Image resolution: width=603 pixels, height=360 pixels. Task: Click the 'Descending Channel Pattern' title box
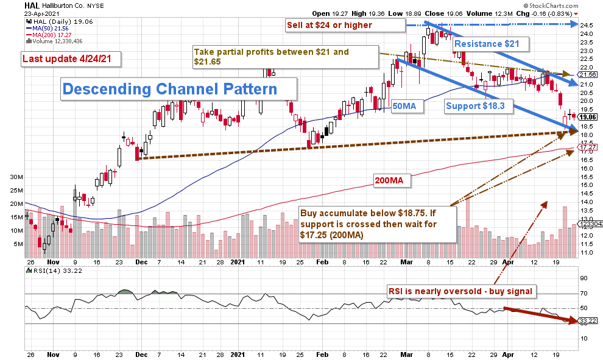(x=171, y=89)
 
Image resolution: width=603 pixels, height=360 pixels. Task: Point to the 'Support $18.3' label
(x=475, y=105)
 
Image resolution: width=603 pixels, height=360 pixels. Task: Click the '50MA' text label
(x=404, y=105)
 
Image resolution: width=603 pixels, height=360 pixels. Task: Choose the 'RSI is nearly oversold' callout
(x=460, y=291)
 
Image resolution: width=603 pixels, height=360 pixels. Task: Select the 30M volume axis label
(x=16, y=177)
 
